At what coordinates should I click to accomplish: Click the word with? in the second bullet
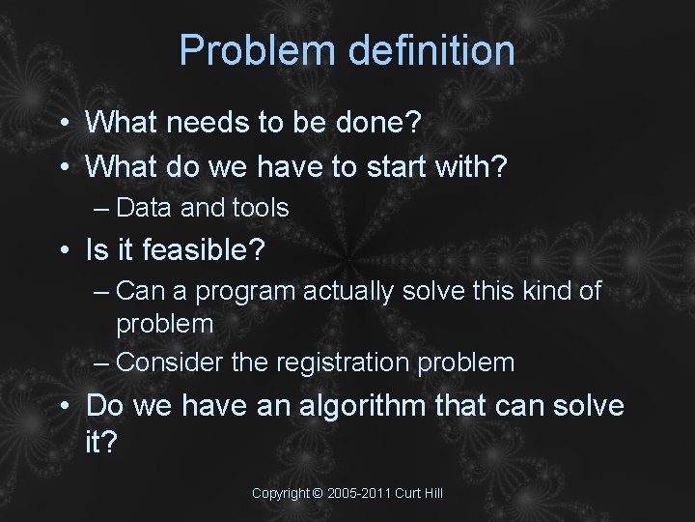coord(472,166)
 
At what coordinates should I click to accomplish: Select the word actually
coord(350,292)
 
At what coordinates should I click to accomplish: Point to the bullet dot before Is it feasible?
coord(61,252)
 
